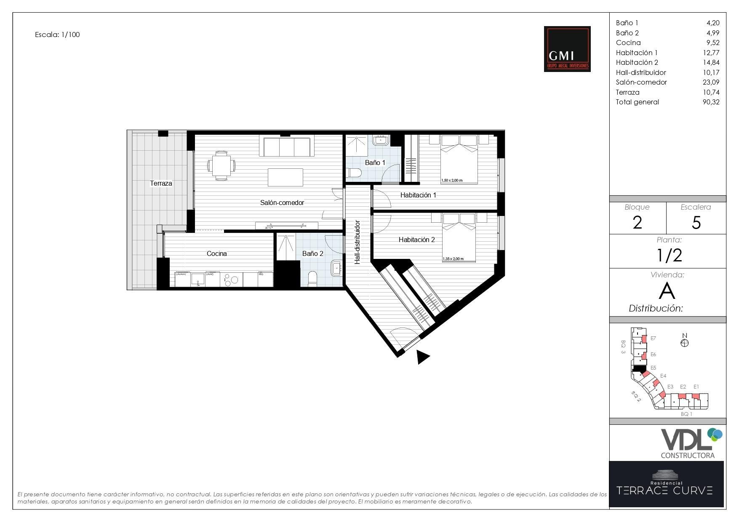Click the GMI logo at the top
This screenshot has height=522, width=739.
point(567,49)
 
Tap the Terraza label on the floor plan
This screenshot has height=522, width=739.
point(161,184)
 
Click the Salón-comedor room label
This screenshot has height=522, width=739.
point(282,202)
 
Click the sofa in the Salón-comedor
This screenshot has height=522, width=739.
point(287,146)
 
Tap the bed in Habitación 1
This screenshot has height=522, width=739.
point(459,160)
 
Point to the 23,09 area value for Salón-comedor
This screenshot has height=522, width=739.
point(711,83)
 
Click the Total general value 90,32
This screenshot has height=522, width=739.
point(711,102)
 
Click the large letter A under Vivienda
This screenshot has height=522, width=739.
point(667,291)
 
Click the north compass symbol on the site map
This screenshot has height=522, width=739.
point(684,342)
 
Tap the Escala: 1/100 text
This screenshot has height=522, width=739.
point(57,35)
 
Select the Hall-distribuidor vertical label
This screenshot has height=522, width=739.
point(357,242)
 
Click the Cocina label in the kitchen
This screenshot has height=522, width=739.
point(216,254)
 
